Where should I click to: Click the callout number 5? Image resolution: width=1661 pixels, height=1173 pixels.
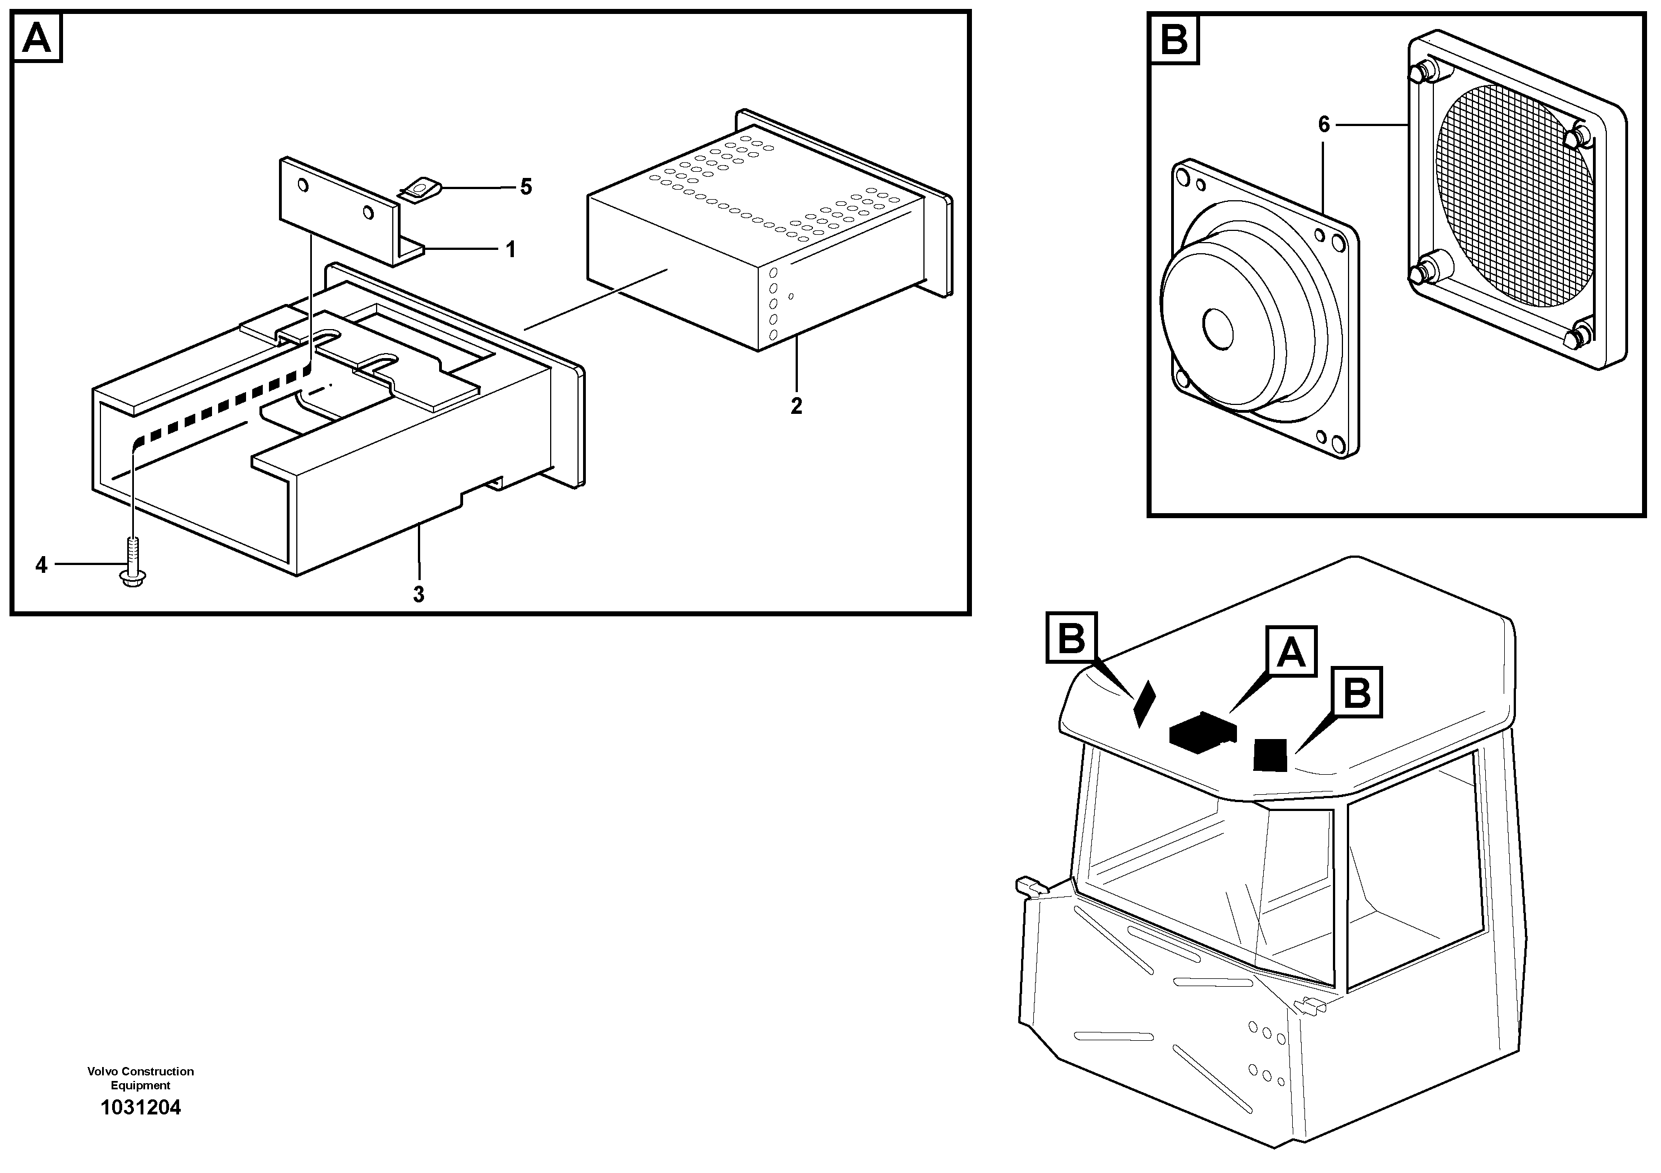pos(526,187)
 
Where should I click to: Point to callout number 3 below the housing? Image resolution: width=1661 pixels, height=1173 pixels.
pos(418,595)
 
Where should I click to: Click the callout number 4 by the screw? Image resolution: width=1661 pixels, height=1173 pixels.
pos(41,565)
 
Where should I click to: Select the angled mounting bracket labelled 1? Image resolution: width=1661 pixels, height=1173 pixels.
pos(340,210)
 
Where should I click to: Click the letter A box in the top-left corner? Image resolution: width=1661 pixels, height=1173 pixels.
pos(37,39)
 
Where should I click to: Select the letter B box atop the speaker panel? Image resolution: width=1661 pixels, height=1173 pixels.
pos(1173,39)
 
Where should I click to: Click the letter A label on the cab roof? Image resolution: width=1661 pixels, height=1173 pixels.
pos(1291,651)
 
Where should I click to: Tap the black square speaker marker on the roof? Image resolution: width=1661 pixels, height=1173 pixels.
pos(1270,754)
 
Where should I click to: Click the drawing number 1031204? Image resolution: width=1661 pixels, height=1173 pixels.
pos(141,1107)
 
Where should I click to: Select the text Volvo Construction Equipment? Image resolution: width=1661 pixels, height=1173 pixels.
pos(141,1078)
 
